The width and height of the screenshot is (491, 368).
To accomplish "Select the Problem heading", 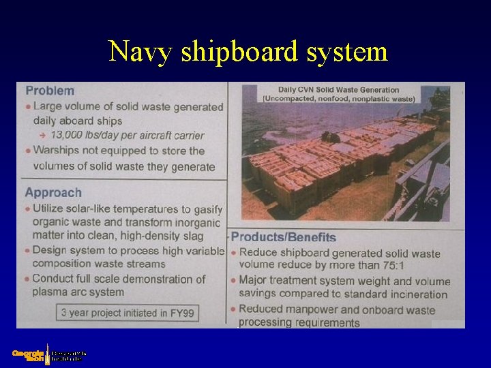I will (50, 91).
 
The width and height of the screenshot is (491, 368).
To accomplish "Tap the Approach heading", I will (53, 193).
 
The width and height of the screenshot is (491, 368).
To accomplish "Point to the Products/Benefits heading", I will (284, 237).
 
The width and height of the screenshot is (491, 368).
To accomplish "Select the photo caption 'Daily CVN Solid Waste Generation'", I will (338, 89).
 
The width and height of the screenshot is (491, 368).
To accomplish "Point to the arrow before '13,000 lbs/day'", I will (42, 136).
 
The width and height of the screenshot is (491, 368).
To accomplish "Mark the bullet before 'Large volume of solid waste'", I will (28, 106).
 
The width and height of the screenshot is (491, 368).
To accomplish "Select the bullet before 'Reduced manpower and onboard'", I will (233, 309).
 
